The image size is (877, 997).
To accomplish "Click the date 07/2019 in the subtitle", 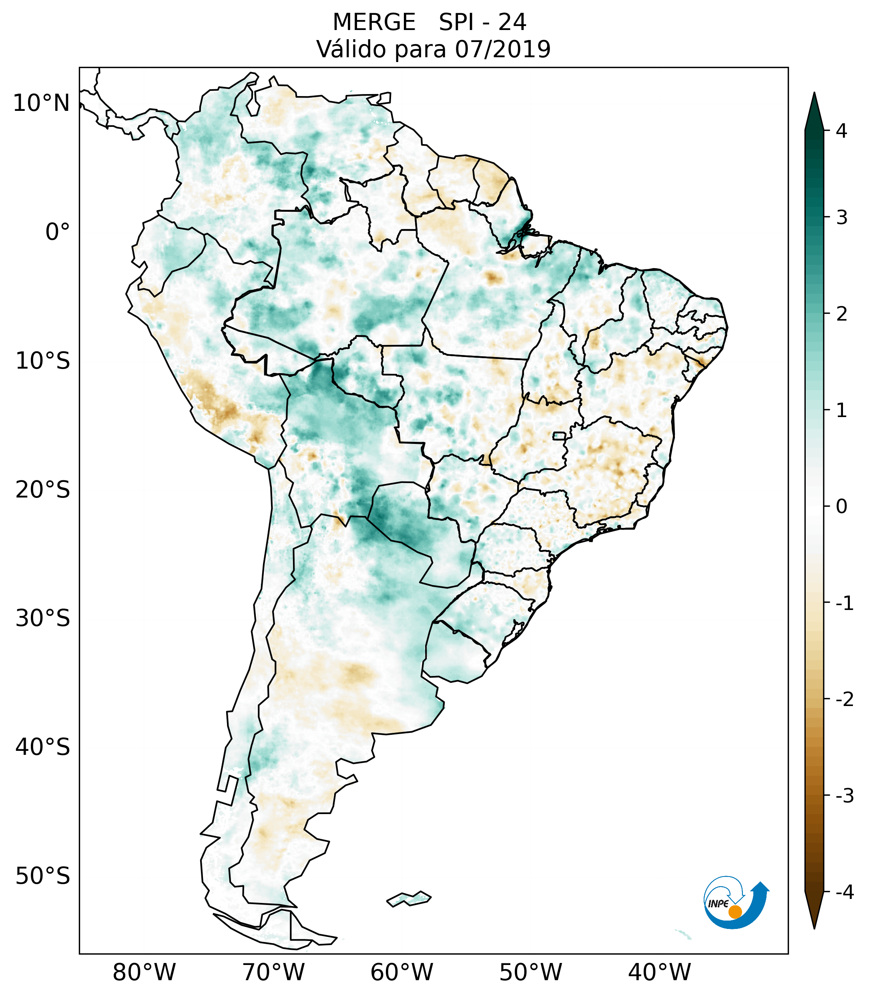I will click(502, 49).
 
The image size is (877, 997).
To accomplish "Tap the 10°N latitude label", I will click(42, 103).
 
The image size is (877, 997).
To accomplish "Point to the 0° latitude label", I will click(58, 232).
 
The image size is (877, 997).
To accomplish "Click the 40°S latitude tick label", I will click(43, 747).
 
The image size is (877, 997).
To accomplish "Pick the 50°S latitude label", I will click(43, 876).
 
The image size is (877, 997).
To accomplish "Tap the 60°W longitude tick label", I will click(401, 972).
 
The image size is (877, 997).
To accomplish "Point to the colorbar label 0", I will click(841, 507).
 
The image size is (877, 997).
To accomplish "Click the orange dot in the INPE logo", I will click(735, 912).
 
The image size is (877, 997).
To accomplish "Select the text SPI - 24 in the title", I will click(482, 22).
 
